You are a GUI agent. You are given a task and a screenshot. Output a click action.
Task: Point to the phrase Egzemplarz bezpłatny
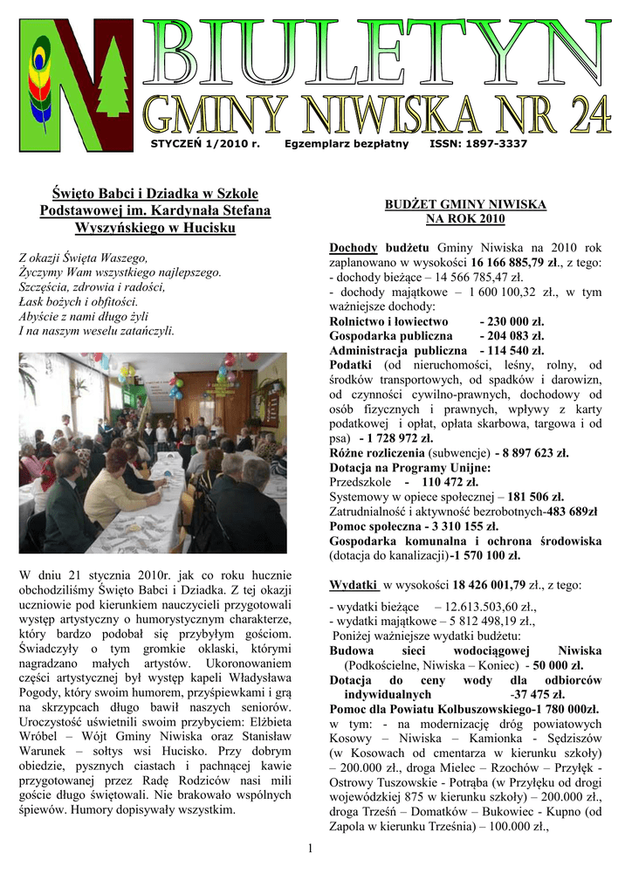tap(347, 142)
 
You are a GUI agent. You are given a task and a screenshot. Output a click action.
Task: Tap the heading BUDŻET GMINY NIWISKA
tap(465, 204)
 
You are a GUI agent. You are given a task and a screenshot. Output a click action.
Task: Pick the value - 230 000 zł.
tap(512, 321)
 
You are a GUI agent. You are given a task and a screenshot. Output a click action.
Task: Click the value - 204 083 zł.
tap(512, 335)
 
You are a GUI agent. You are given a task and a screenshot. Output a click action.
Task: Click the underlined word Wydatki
tap(353, 584)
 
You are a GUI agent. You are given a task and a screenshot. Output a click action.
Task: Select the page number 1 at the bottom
tap(311, 849)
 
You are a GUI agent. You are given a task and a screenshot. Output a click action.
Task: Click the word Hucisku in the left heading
tap(211, 229)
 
